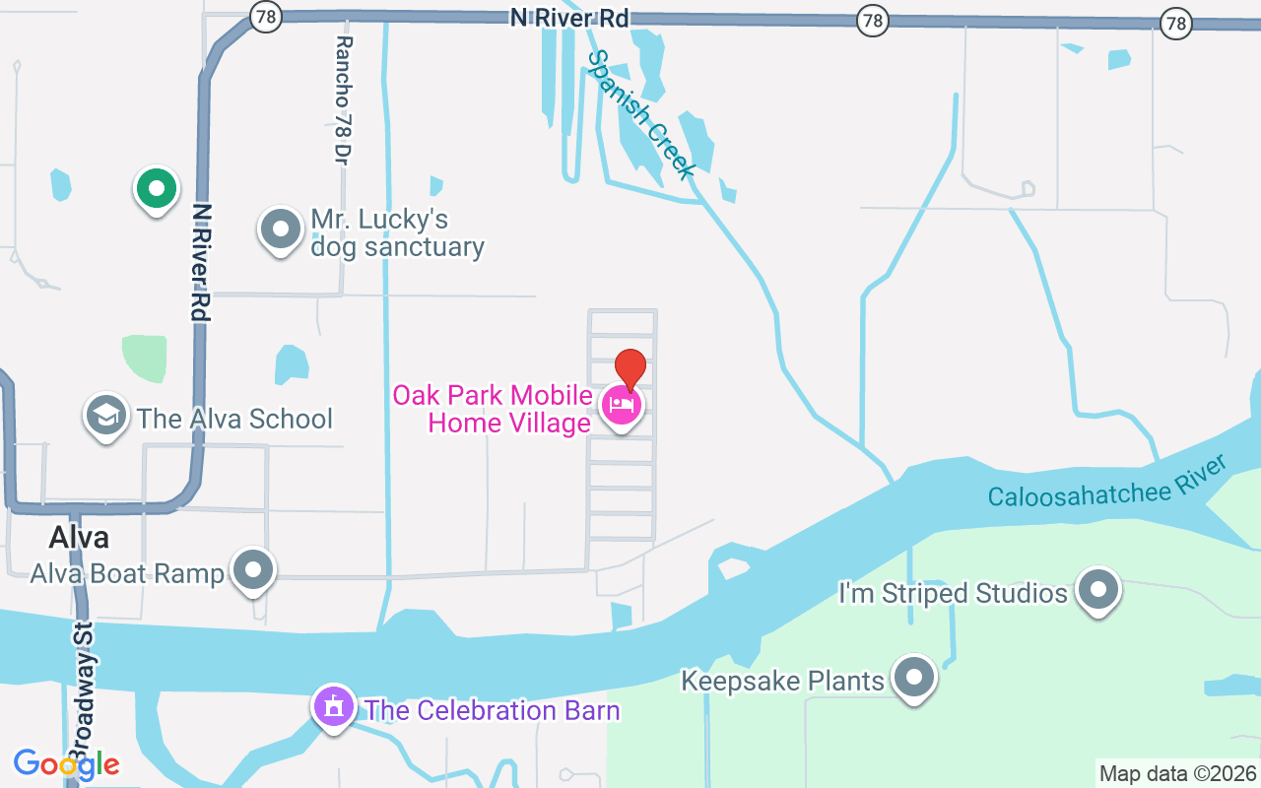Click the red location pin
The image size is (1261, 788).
630,368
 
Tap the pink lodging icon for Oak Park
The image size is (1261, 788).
622,404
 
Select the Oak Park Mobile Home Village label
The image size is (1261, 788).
493,409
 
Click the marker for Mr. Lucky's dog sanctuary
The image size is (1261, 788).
281,230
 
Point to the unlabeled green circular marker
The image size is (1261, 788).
155,188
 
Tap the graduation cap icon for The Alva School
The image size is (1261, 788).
106,417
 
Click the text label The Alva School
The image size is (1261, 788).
234,419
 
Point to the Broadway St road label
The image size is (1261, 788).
85,689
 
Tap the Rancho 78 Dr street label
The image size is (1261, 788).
343,99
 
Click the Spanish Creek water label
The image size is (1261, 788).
640,114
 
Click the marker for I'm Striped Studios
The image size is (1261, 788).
1098,590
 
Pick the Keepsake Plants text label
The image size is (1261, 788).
783,681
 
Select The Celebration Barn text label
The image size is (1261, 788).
492,710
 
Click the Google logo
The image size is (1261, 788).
66,763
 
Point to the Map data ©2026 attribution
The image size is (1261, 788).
1177,773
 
